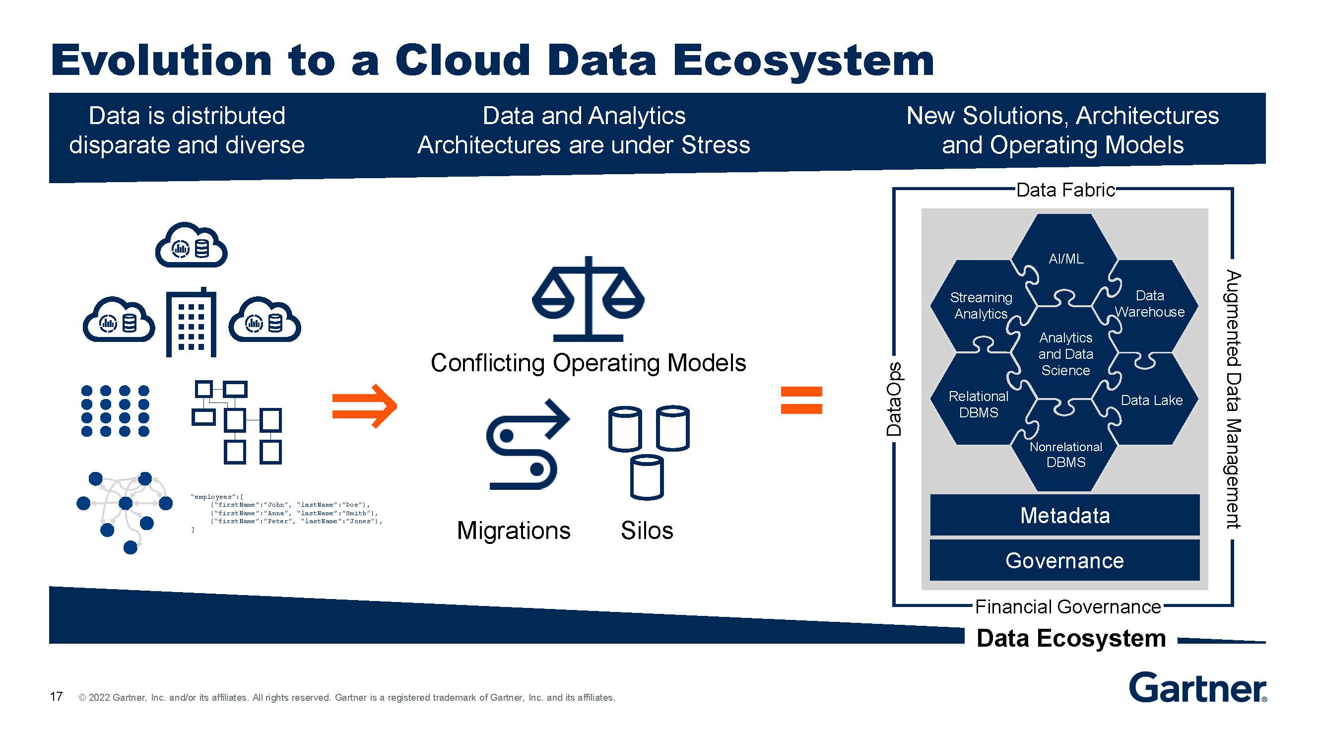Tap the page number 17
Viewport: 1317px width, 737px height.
56,696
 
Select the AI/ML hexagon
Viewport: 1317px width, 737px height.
1066,258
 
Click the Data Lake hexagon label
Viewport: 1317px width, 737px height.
1151,400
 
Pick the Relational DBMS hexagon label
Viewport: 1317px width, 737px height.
978,404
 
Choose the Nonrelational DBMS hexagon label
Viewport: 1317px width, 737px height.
1065,454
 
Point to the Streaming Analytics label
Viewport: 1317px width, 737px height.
981,305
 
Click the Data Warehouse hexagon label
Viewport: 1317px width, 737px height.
1149,303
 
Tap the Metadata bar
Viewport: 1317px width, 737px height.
1064,515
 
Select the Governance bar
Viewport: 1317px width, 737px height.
1064,560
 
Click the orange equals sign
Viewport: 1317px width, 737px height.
801,400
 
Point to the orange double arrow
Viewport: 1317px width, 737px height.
364,405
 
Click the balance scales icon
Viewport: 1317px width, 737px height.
588,299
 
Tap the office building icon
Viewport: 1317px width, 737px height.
191,322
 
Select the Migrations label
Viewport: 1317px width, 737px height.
513,531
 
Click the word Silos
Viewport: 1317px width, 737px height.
647,531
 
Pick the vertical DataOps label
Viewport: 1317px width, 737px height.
894,399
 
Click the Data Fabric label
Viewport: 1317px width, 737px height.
1065,190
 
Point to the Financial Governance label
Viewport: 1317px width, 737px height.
1067,606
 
